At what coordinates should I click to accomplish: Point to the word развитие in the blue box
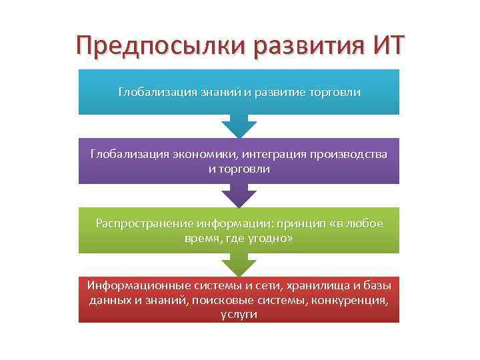coord(279,92)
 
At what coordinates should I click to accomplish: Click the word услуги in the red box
coord(239,314)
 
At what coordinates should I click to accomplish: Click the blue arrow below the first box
coord(239,126)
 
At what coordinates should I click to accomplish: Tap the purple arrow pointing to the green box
coord(239,195)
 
